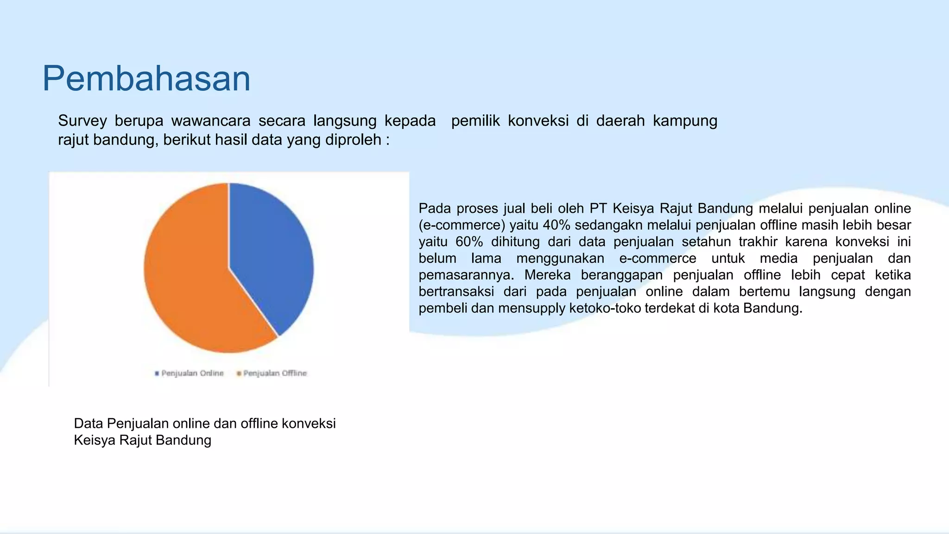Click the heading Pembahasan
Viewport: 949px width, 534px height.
(146, 78)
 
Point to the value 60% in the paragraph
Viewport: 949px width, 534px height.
(469, 242)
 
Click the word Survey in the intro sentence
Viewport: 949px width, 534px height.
(82, 121)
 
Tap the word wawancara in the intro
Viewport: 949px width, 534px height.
(210, 121)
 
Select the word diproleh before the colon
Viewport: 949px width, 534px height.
(353, 140)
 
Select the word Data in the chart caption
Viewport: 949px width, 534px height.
(89, 424)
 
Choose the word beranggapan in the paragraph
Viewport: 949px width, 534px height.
(622, 275)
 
